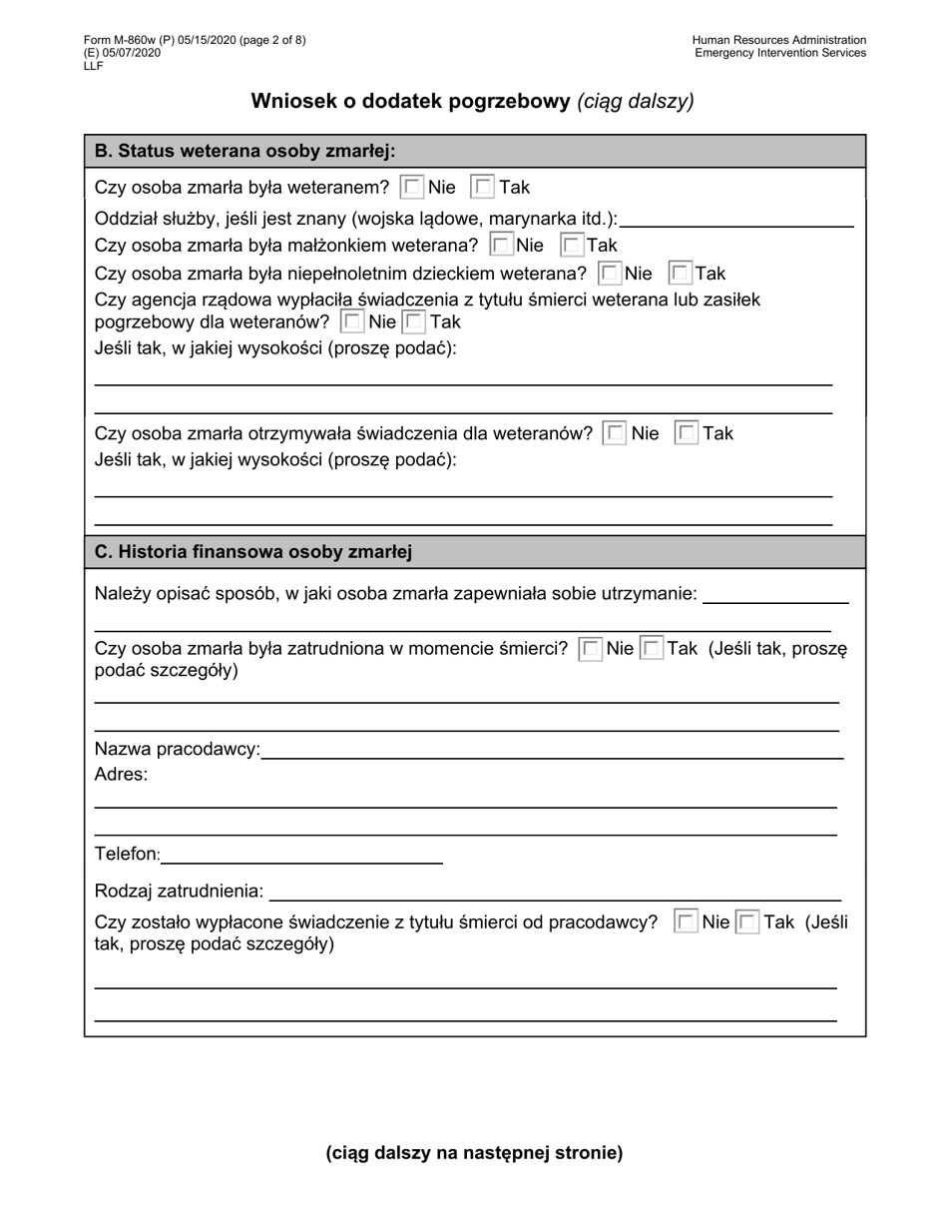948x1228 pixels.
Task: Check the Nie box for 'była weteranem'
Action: pyautogui.click(x=411, y=187)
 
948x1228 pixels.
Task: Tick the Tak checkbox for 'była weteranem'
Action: pyautogui.click(x=483, y=187)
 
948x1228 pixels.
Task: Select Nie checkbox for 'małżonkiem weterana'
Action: pyautogui.click(x=502, y=245)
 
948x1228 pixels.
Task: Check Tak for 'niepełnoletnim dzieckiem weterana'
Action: pyautogui.click(x=681, y=274)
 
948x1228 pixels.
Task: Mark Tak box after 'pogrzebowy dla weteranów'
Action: pyautogui.click(x=414, y=321)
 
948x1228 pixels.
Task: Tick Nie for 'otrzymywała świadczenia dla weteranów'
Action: pyautogui.click(x=615, y=433)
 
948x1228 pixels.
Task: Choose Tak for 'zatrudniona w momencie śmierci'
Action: pyautogui.click(x=651, y=649)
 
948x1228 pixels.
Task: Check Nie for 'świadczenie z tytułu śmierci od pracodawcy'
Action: pyautogui.click(x=686, y=922)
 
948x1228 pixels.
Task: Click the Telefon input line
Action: pyautogui.click(x=301, y=857)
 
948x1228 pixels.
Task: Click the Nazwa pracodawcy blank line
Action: pyautogui.click(x=552, y=752)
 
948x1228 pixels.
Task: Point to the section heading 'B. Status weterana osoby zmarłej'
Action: pyautogui.click(x=244, y=152)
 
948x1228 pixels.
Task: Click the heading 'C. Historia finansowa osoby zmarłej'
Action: pyautogui.click(x=253, y=552)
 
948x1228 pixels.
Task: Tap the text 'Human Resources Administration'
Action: pyautogui.click(x=778, y=40)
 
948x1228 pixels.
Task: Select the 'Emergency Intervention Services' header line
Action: pyautogui.click(x=779, y=53)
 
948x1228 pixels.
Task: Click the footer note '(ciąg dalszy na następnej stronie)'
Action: pyautogui.click(x=474, y=1153)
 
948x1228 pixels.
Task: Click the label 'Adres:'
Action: pyautogui.click(x=121, y=774)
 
